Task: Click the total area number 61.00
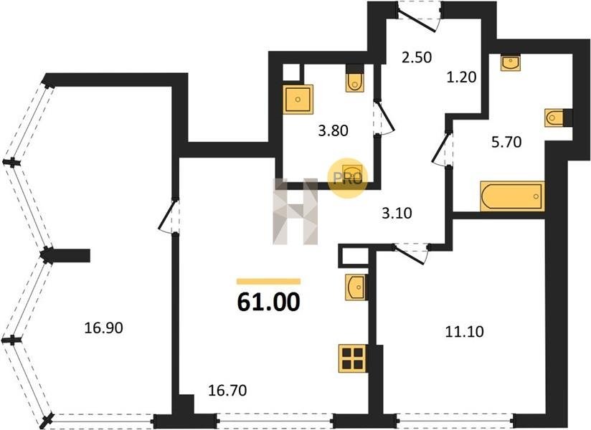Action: click(269, 302)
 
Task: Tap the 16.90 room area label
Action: click(104, 328)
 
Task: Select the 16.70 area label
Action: click(227, 391)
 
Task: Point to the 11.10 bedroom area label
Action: click(464, 332)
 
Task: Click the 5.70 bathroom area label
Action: click(506, 142)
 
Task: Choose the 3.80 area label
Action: click(334, 130)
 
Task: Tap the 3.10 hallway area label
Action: click(397, 213)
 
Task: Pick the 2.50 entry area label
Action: click(417, 57)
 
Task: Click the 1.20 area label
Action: click(462, 77)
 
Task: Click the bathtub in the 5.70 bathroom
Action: click(513, 196)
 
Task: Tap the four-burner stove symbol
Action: click(353, 358)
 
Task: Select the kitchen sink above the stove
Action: click(356, 287)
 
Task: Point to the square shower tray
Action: click(298, 100)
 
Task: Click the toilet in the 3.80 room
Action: click(355, 79)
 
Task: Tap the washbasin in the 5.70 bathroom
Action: click(511, 62)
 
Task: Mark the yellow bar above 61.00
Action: click(269, 281)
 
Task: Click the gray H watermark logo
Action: click(295, 211)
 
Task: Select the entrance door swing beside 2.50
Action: click(419, 18)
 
